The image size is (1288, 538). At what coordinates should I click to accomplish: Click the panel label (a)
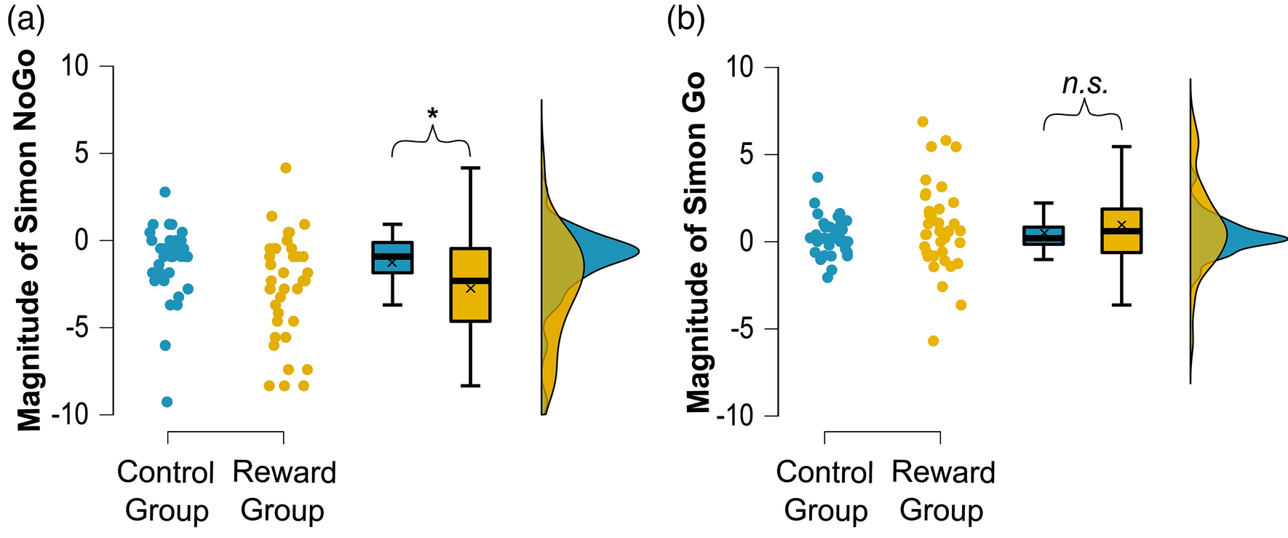25,19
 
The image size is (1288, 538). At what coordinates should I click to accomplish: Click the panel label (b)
685,19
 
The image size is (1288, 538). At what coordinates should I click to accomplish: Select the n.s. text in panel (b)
1085,84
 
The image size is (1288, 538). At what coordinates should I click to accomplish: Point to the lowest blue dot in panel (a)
167,402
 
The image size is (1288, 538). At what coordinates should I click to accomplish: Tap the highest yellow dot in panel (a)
286,168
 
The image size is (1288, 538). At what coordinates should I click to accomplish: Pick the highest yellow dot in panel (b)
923,122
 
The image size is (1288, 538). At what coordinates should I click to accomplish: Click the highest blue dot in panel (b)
818,177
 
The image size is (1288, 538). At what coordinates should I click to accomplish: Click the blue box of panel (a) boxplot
392,258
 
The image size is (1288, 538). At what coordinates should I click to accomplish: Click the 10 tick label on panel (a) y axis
75,66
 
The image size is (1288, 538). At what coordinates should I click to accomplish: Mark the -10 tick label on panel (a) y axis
70,415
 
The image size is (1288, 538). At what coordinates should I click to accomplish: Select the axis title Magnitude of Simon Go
698,242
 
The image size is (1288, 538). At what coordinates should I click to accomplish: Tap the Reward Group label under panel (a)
284,491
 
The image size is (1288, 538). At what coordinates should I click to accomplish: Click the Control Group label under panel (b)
824,491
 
